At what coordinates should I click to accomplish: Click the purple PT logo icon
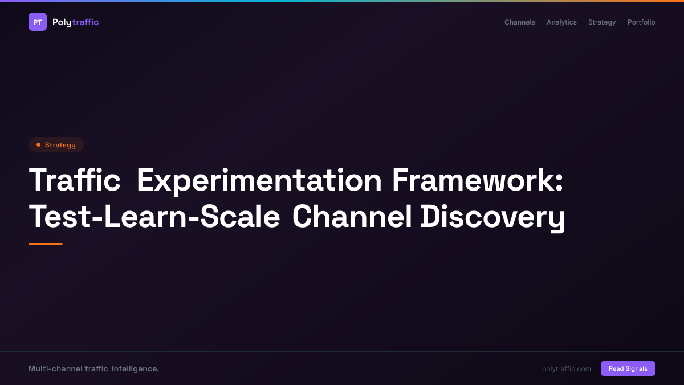coord(38,22)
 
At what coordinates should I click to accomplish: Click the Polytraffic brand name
coord(75,22)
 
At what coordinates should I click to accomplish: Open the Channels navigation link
coord(519,22)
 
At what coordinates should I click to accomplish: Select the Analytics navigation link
coord(561,22)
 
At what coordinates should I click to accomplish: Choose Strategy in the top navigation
coord(602,22)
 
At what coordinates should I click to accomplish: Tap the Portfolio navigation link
coord(641,22)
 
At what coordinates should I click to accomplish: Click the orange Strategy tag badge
coord(56,145)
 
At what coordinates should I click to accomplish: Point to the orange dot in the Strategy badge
coord(38,145)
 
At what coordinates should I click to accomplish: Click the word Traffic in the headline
coord(75,180)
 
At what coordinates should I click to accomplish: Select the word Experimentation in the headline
coord(259,180)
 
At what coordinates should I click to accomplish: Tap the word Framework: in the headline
coord(478,180)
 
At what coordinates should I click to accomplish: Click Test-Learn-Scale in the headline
coord(154,217)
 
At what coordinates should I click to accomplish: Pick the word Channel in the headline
coord(352,217)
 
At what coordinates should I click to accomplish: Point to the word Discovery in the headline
coord(492,218)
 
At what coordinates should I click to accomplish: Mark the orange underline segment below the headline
coord(46,244)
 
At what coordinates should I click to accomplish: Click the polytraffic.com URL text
coord(566,369)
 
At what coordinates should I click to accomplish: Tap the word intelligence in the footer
coord(135,369)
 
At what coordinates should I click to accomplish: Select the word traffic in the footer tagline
coord(96,369)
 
